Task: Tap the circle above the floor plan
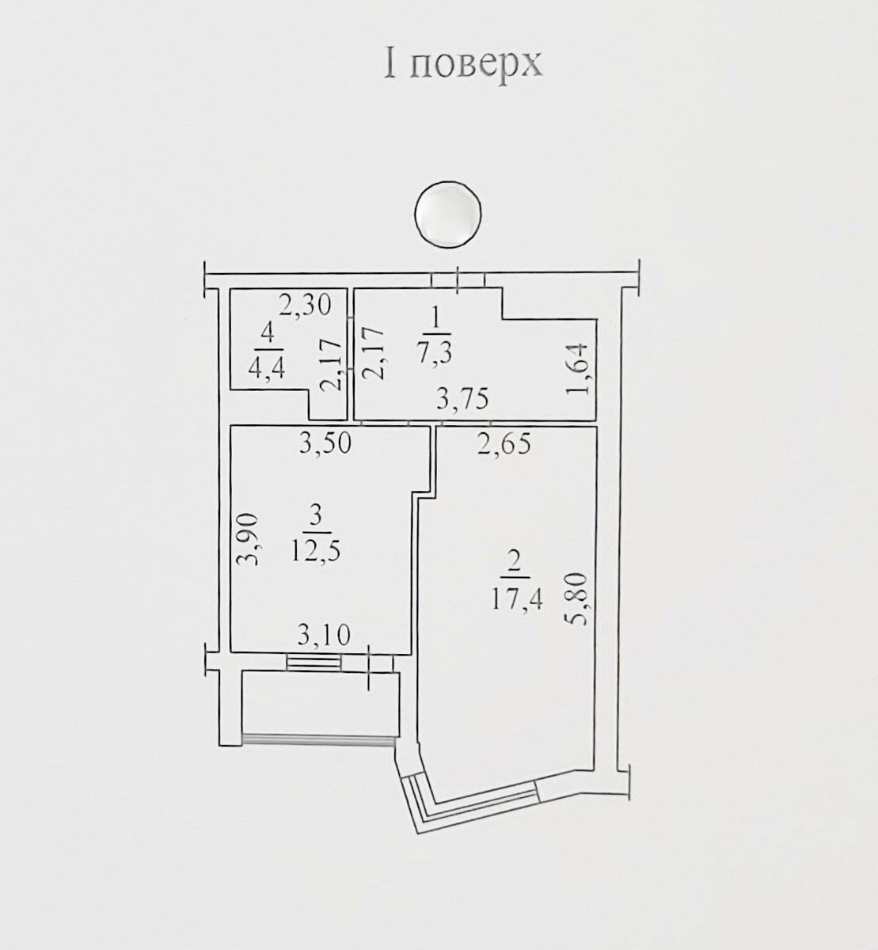click(x=448, y=214)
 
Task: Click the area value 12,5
click(x=315, y=549)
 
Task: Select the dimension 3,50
click(x=325, y=444)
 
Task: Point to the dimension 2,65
click(x=504, y=444)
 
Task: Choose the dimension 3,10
click(x=323, y=634)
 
